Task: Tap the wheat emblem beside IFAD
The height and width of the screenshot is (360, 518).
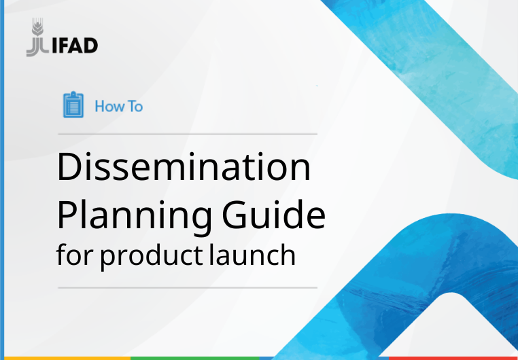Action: pos(35,39)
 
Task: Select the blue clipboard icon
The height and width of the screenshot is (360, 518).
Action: pos(73,105)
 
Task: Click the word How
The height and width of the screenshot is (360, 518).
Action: pos(107,106)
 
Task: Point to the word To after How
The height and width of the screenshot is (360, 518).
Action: pos(135,106)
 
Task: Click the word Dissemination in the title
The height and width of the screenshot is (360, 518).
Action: pos(184,168)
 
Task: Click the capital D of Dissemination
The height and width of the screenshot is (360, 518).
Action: pos(69,168)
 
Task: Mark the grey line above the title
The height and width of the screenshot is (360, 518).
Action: pos(187,134)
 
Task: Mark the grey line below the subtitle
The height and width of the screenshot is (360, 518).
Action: pos(187,288)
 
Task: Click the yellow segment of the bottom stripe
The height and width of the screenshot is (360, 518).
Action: pos(65,357)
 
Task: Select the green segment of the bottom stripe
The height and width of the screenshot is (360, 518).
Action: pos(194,357)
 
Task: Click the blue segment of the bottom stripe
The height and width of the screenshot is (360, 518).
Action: pos(320,357)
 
